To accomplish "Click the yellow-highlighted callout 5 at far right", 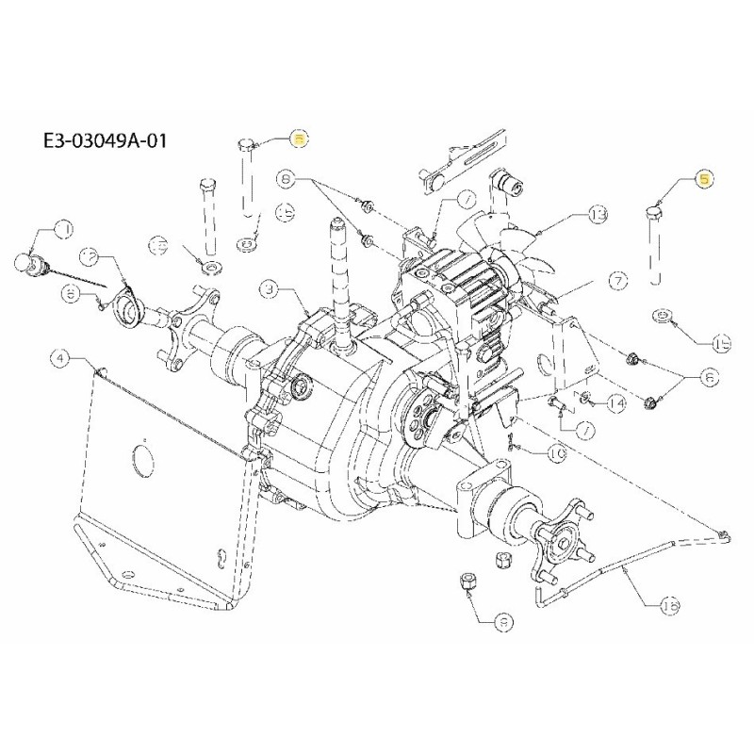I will click(705, 177).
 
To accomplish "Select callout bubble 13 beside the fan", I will click(597, 217).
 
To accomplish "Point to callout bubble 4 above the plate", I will click(60, 357).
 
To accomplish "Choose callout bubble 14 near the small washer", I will click(616, 403).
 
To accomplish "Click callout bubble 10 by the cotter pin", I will click(556, 454).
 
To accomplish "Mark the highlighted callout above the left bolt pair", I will click(298, 139).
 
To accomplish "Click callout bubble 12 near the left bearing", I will click(90, 256).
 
